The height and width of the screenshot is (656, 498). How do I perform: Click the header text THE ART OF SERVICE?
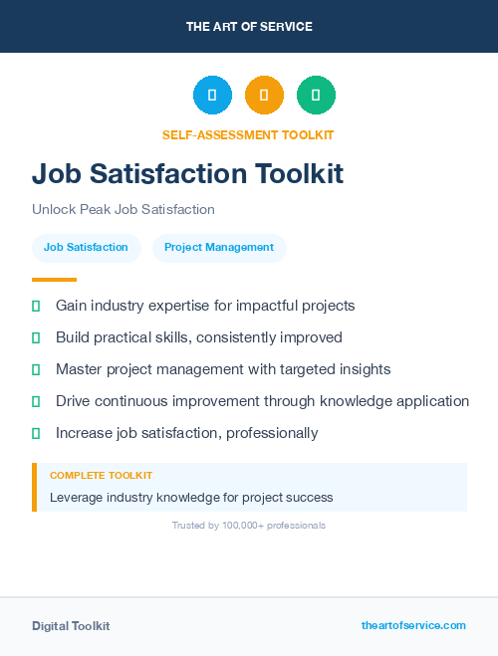coord(249,27)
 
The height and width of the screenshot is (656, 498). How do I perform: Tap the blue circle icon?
coord(212,96)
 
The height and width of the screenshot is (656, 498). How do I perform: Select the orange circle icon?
coord(264,96)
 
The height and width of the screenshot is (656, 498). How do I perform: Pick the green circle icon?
coord(316,96)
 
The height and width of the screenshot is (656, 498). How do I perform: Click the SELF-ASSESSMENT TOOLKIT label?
coord(248,135)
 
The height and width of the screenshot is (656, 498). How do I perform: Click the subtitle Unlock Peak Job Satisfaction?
coord(124,210)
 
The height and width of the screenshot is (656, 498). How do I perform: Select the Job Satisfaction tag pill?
coord(86,248)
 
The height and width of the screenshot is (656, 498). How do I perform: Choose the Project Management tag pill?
coord(219,248)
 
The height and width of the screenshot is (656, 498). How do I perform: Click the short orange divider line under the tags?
coord(54,280)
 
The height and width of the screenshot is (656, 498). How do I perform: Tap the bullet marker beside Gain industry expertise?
coord(36,306)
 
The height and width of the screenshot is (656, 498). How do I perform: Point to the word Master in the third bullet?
coord(79,369)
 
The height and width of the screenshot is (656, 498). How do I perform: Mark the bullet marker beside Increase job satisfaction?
coord(36,433)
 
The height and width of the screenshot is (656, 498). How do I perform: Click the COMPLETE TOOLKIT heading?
coord(101,476)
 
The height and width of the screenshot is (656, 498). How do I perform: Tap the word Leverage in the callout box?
coord(77,497)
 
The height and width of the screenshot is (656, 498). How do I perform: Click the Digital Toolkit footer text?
coord(71,626)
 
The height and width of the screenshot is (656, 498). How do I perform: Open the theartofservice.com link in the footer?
coord(413,625)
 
